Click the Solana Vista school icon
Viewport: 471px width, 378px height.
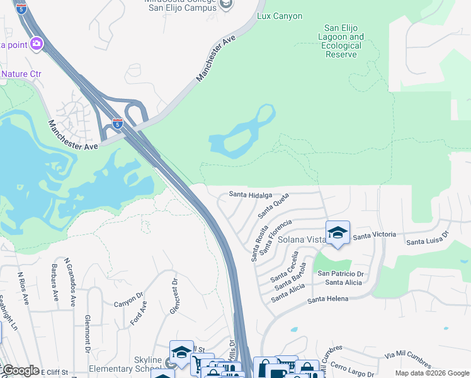click(x=338, y=233)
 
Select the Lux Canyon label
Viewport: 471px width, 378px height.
click(x=280, y=16)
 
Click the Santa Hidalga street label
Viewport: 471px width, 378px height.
click(x=251, y=195)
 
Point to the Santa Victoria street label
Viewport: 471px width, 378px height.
click(x=375, y=235)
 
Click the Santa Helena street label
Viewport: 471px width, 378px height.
click(x=327, y=299)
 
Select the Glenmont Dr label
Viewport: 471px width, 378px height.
click(x=88, y=333)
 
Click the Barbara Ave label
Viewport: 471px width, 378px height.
click(x=54, y=288)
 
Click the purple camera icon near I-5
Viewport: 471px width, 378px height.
click(x=36, y=43)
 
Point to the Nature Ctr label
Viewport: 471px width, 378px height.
click(x=21, y=74)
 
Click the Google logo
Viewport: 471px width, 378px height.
click(x=21, y=370)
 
